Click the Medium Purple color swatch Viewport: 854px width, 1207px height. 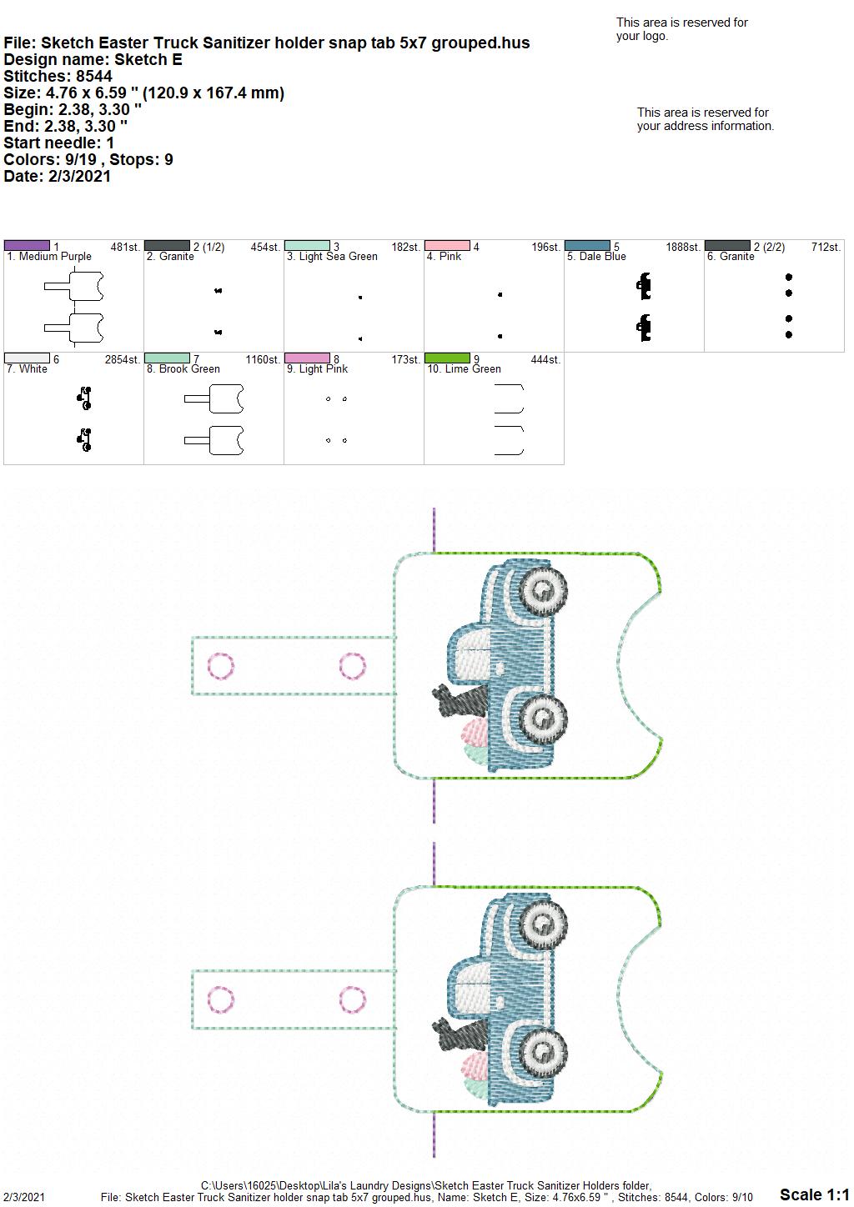click(x=27, y=246)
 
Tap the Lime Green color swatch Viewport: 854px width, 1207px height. click(x=447, y=358)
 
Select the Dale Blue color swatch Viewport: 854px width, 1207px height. click(x=587, y=246)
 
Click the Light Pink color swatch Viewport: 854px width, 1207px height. click(x=307, y=358)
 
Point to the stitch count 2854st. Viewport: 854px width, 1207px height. click(x=123, y=359)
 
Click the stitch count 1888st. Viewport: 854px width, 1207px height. click(x=683, y=247)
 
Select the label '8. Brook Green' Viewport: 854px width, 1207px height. click(x=183, y=369)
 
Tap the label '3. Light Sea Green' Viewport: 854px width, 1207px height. click(x=332, y=257)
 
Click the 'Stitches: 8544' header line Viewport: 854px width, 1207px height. click(x=58, y=76)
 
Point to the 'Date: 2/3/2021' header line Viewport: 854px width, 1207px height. click(x=58, y=176)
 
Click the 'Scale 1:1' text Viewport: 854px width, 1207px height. click(x=815, y=1194)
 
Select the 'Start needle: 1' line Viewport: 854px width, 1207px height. click(x=58, y=143)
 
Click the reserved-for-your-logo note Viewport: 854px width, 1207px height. click(x=682, y=29)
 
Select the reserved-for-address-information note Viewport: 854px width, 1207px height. click(x=706, y=119)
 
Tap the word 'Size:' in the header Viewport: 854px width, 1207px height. click(x=22, y=93)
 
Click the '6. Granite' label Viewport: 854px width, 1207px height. click(x=731, y=257)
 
